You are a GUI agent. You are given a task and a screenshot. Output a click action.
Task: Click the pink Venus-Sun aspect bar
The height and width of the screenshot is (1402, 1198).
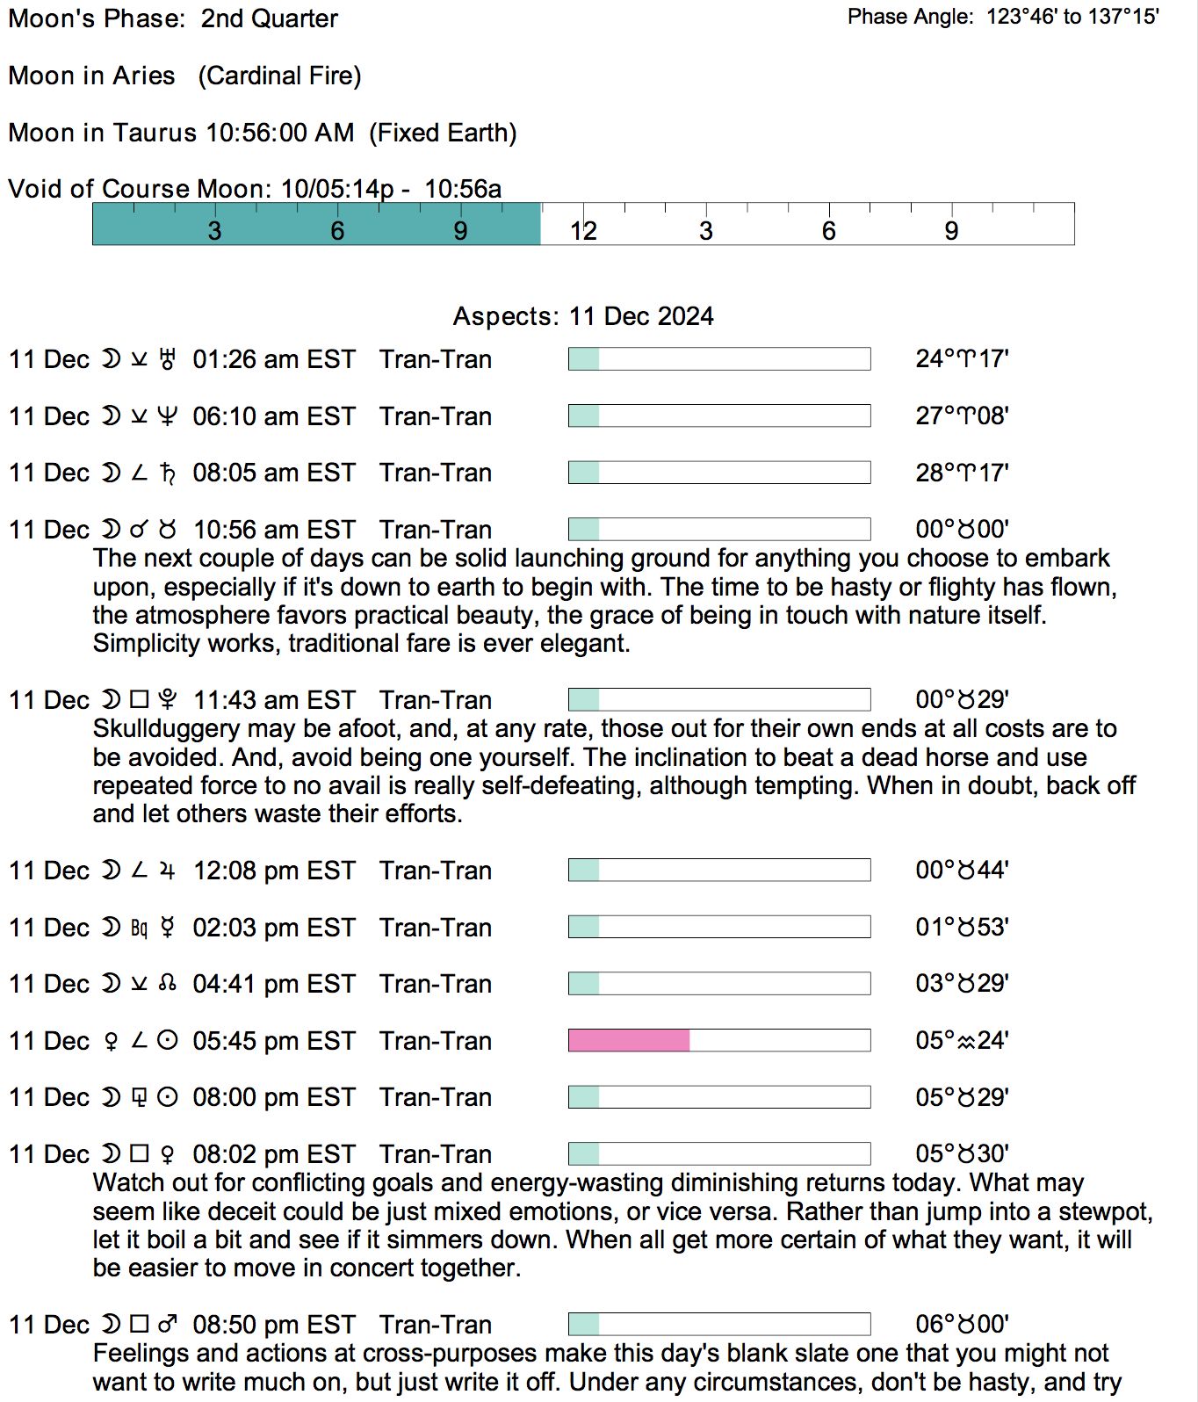pyautogui.click(x=629, y=1041)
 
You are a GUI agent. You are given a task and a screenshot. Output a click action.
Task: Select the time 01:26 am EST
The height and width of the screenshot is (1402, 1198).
pyautogui.click(x=274, y=360)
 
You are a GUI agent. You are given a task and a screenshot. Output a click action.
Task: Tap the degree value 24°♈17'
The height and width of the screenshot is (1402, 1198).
pyautogui.click(x=962, y=359)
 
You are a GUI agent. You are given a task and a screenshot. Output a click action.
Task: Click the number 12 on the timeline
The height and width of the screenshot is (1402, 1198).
pyautogui.click(x=583, y=231)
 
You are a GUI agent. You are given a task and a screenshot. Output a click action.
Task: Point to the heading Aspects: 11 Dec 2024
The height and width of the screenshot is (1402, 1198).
pyautogui.click(x=583, y=316)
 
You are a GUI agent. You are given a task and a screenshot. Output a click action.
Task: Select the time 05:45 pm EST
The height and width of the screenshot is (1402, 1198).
pyautogui.click(x=274, y=1042)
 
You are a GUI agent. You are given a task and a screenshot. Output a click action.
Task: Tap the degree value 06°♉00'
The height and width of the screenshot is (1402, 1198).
pyautogui.click(x=962, y=1325)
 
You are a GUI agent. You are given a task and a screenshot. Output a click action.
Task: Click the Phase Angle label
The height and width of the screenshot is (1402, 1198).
pyautogui.click(x=910, y=17)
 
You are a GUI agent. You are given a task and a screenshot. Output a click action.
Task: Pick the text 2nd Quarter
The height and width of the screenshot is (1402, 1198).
pyautogui.click(x=269, y=18)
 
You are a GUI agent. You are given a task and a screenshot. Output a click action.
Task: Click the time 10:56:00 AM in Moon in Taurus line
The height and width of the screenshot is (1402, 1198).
pyautogui.click(x=279, y=133)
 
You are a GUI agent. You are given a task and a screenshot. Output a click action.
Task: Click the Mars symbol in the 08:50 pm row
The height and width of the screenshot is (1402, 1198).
pyautogui.click(x=167, y=1325)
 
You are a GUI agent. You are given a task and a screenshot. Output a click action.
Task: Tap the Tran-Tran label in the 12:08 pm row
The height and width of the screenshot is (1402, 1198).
pyautogui.click(x=436, y=871)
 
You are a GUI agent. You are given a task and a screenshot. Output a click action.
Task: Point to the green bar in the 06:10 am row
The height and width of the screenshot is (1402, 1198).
pyautogui.click(x=584, y=416)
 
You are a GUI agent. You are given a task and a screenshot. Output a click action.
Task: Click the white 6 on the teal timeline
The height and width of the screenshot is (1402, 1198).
pyautogui.click(x=337, y=231)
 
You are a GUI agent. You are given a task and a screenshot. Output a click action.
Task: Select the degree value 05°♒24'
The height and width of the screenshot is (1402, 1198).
pyautogui.click(x=962, y=1041)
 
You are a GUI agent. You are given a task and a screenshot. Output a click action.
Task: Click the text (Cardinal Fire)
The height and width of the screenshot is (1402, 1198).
pyautogui.click(x=279, y=76)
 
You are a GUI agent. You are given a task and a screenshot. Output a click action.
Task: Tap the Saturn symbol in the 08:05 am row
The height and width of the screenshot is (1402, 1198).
pyautogui.click(x=167, y=473)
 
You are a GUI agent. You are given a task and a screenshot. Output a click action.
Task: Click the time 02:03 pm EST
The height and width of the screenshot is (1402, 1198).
pyautogui.click(x=274, y=929)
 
